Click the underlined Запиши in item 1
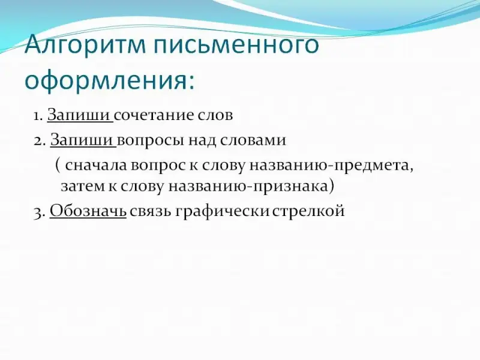[79, 115]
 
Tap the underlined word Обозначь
[88, 211]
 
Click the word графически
[222, 211]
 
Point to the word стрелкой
[308, 212]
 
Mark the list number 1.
[38, 116]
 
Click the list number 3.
[40, 213]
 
